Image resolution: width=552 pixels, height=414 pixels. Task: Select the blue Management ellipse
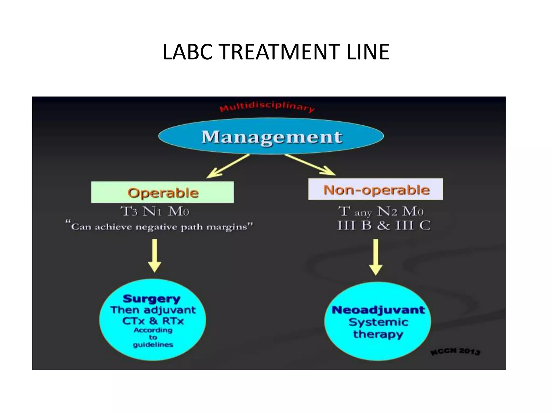[271, 136]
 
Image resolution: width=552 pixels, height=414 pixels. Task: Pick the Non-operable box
[375, 189]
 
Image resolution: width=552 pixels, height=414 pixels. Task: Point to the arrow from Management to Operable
[228, 166]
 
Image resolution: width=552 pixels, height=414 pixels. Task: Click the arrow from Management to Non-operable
[310, 164]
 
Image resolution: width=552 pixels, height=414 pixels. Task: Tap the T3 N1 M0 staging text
[155, 211]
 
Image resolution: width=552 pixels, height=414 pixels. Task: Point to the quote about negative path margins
[159, 226]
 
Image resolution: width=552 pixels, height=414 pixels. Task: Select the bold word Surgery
[151, 299]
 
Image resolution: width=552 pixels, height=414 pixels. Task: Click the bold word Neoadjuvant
[378, 310]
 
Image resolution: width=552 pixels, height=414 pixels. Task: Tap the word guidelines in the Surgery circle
[153, 345]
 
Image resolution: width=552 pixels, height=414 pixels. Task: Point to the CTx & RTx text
[153, 321]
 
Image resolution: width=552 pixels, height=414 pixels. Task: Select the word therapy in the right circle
[378, 334]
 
